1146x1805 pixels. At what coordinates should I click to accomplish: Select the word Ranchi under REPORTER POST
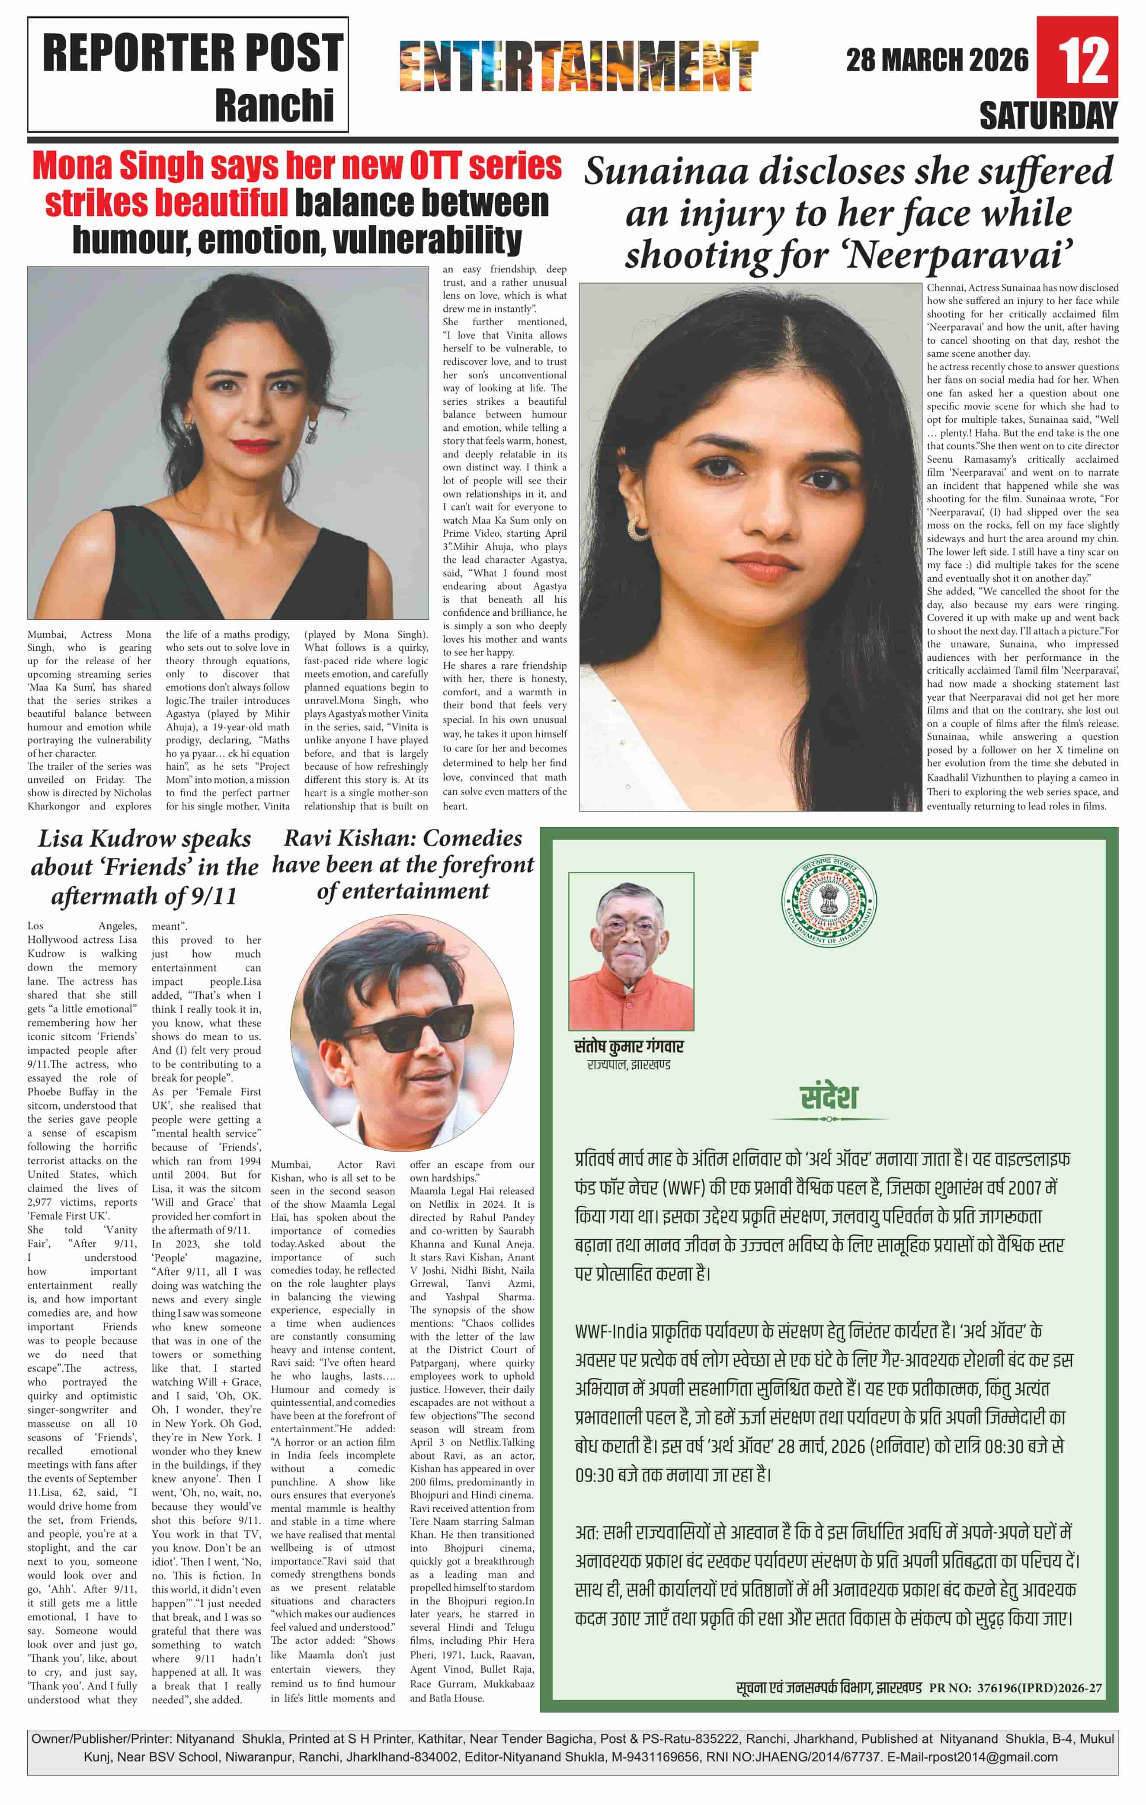(274, 105)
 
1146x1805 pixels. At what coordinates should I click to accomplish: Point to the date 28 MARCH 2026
(937, 60)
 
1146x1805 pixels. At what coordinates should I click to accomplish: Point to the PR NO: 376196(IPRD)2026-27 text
(1015, 1687)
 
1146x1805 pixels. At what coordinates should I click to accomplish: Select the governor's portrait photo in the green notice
(631, 951)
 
